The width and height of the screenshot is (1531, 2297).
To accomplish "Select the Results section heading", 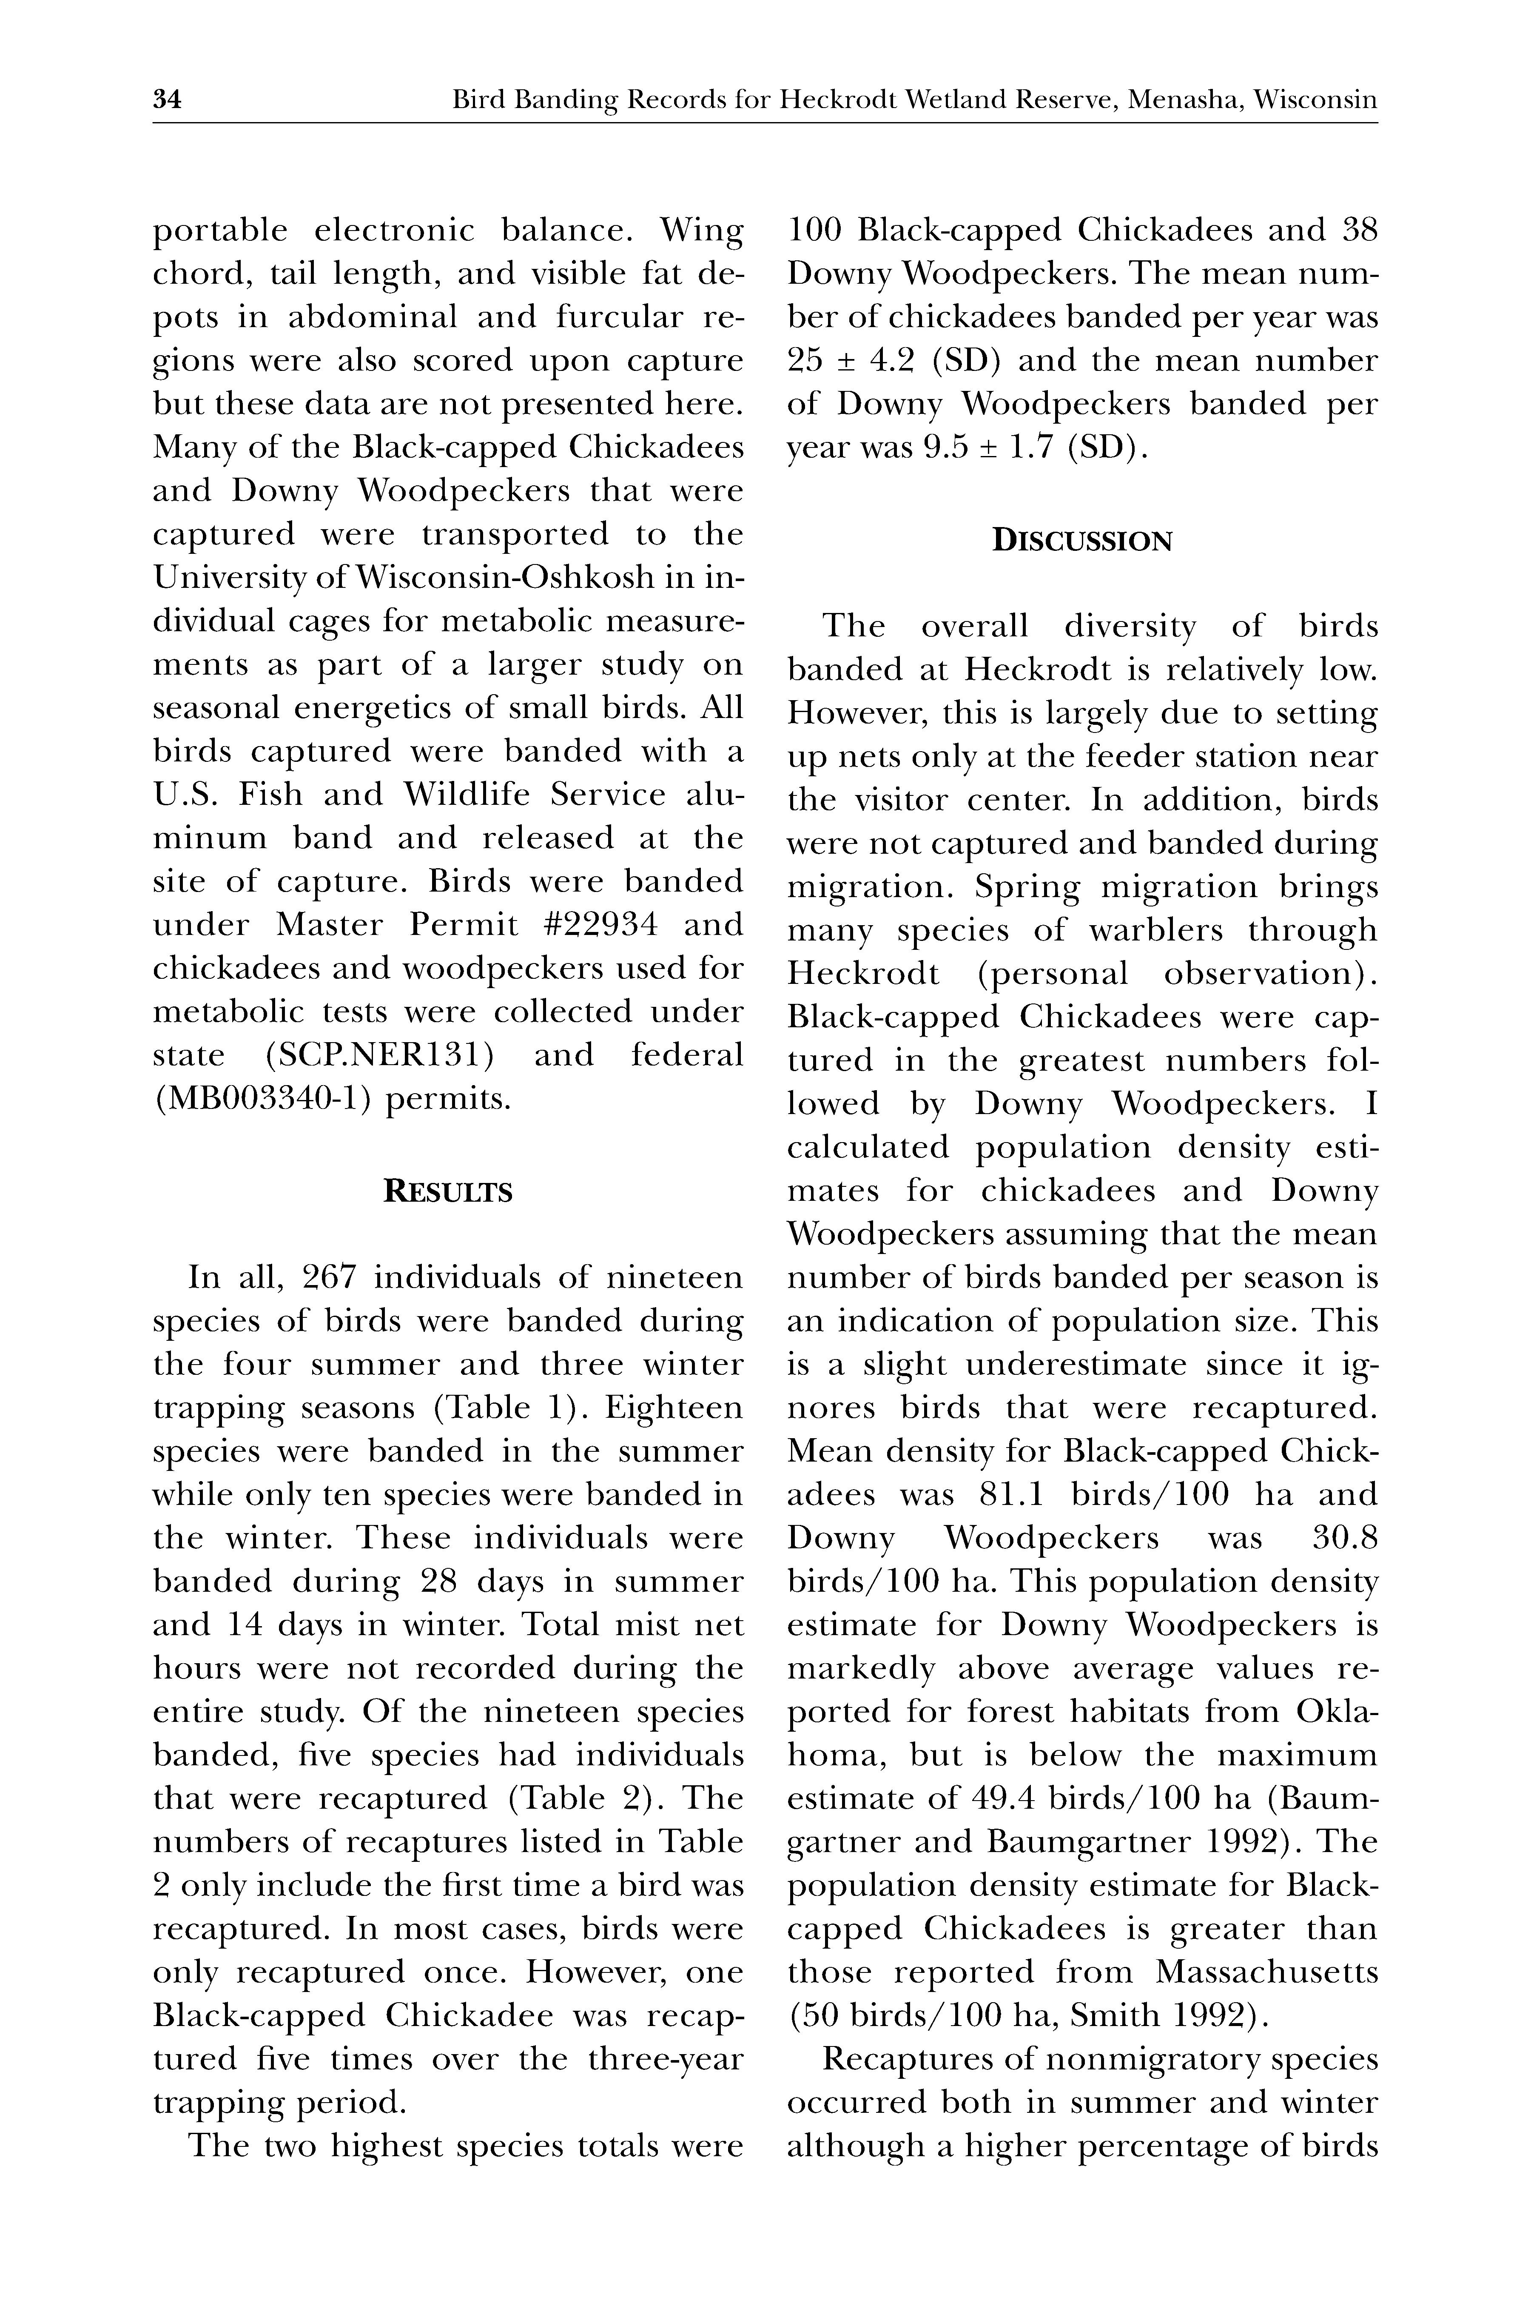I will click(x=448, y=1192).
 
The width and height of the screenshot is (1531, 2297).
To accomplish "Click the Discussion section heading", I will click(x=1082, y=541).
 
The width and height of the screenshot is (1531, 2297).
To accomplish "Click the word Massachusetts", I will click(x=1266, y=1973).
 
